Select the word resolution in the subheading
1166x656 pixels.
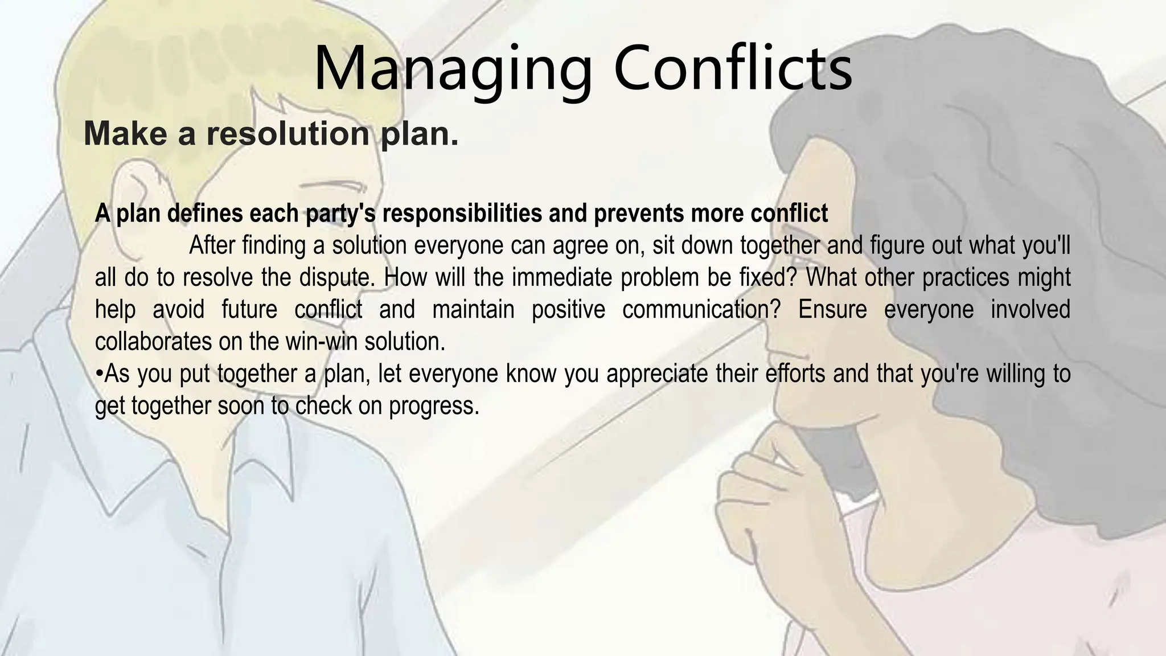[x=288, y=134]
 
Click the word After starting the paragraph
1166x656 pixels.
[x=212, y=245]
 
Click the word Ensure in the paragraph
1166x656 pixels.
[x=832, y=310]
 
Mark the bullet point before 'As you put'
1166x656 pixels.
[x=99, y=374]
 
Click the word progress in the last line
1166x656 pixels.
[x=433, y=406]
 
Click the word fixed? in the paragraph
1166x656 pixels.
[x=769, y=278]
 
